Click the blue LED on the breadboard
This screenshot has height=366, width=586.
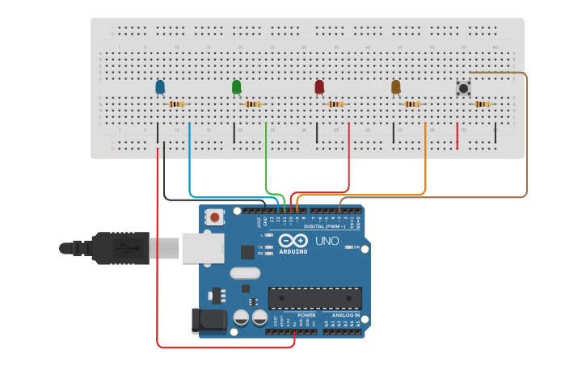click(159, 86)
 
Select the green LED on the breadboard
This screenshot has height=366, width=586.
click(236, 86)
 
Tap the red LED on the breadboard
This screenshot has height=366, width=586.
click(319, 86)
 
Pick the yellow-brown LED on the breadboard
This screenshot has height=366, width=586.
click(395, 86)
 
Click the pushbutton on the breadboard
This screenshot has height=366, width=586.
click(464, 88)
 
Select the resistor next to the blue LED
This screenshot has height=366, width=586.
click(176, 104)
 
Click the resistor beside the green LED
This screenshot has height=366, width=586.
click(253, 104)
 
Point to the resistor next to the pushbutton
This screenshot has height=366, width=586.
click(483, 104)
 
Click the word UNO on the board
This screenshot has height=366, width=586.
click(327, 241)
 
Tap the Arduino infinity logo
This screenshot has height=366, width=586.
click(293, 241)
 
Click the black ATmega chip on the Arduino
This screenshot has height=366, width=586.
click(315, 297)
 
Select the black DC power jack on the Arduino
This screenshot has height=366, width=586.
click(209, 321)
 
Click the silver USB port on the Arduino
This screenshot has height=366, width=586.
click(202, 248)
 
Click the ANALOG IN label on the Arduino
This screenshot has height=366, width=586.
click(345, 315)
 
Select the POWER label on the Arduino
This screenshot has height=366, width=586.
click(306, 315)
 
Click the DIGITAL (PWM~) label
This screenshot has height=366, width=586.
click(324, 227)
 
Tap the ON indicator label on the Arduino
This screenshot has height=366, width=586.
click(356, 247)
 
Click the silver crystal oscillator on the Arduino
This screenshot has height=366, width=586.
click(245, 273)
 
